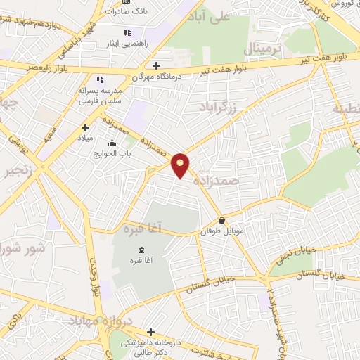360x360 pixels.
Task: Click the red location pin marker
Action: coord(181,165)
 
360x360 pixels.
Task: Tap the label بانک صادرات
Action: coord(128,11)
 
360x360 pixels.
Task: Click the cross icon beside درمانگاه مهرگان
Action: coord(157,65)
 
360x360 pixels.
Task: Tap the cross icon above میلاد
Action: coord(86,127)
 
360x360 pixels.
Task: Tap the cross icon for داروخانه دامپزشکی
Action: coord(150,332)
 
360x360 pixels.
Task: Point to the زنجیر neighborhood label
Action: coord(14,173)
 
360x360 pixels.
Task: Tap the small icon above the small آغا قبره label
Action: coord(142,250)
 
